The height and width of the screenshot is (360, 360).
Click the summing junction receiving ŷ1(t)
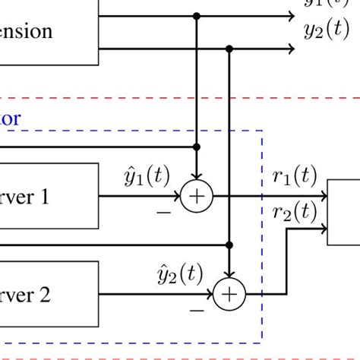coord(197,197)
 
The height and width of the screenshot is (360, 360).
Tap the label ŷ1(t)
coord(147,177)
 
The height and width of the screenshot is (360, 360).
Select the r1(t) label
coord(294,177)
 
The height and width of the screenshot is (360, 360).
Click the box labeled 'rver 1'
coord(49,197)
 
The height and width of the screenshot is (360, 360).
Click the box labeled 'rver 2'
coord(49,294)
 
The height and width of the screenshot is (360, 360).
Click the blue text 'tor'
coord(11,118)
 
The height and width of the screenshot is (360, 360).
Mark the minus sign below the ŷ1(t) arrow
coord(163,213)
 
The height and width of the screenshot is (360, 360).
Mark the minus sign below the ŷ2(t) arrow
coord(196,311)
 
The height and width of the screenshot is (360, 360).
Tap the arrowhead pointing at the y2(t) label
coord(290,49)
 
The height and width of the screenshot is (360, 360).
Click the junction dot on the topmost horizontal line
coord(197,16)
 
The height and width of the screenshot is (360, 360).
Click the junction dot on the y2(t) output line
coord(229,49)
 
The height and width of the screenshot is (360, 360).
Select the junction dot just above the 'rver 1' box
coord(197,147)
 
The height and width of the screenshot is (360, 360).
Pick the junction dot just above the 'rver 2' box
coord(229,245)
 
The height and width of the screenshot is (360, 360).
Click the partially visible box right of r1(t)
coord(344,213)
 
